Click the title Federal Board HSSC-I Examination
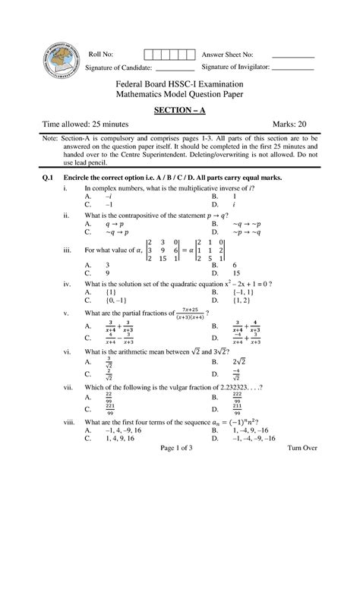[x=179, y=83]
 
